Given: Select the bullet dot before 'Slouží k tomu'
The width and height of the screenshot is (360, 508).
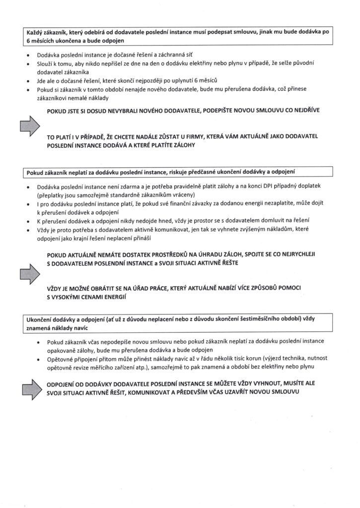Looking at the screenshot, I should click(x=29, y=64).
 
